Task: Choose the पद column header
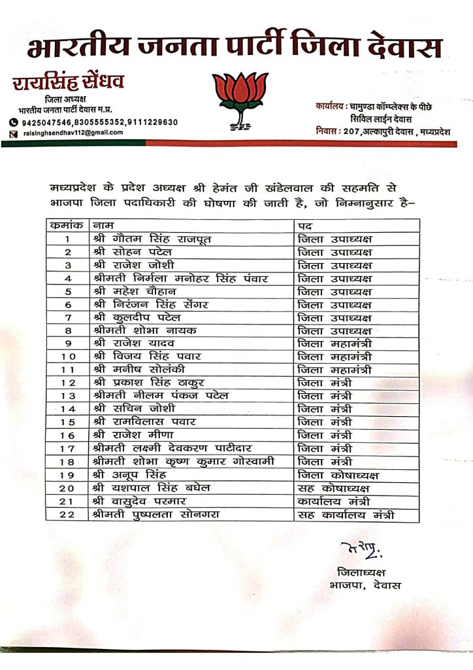[x=304, y=226]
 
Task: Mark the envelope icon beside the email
[x=13, y=133]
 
